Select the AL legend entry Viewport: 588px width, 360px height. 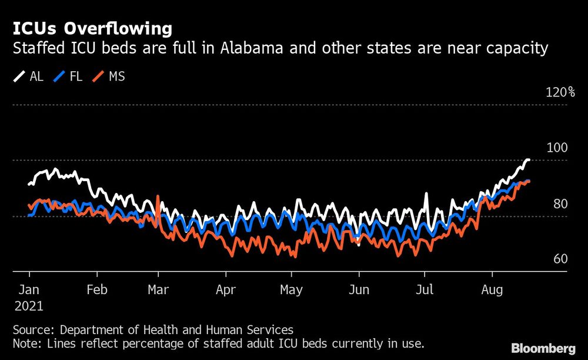(x=29, y=76)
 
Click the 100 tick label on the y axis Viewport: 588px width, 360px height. (x=557, y=148)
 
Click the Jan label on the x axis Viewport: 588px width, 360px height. (x=29, y=290)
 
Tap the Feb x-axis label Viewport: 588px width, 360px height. (x=97, y=290)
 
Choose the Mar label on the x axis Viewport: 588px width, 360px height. (x=158, y=290)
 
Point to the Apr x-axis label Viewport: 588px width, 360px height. (x=226, y=290)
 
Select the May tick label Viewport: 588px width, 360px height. (x=291, y=290)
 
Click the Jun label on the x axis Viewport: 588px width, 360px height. (x=359, y=290)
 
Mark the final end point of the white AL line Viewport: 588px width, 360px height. (x=529, y=159)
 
